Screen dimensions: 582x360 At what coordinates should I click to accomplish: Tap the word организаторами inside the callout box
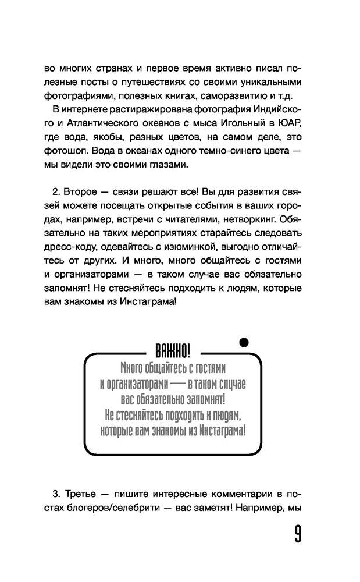coord(138,384)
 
